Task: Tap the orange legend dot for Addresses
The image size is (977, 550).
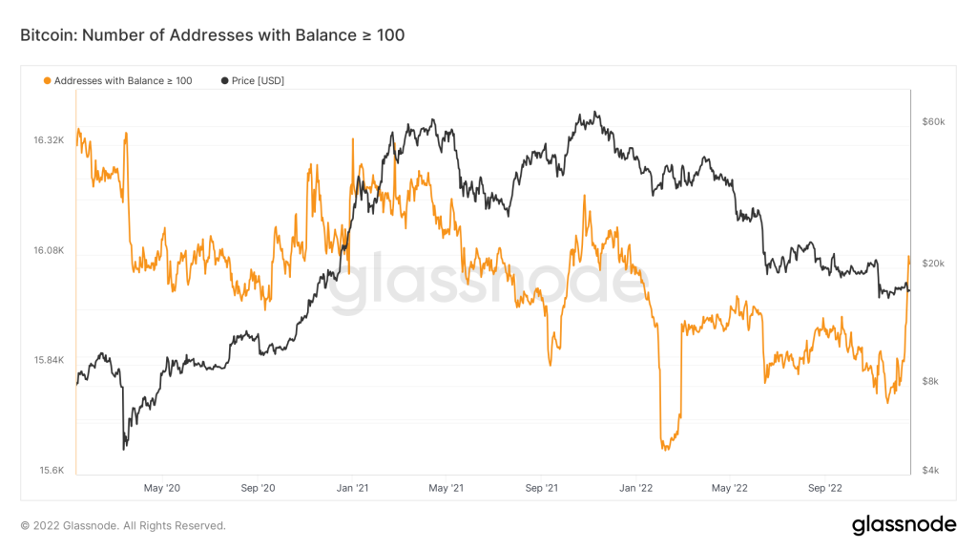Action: tap(48, 81)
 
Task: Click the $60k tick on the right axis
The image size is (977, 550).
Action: tap(932, 122)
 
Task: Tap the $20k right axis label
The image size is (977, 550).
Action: tap(932, 264)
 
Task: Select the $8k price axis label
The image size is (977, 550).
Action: tap(930, 381)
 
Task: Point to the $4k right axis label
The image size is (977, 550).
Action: tap(930, 470)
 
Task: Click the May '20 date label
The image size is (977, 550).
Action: tap(160, 488)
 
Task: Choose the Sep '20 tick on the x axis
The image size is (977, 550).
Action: tap(258, 488)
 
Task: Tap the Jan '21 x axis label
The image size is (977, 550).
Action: tap(352, 488)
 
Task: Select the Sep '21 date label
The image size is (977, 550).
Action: tap(542, 488)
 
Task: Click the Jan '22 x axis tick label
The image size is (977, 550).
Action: tap(636, 488)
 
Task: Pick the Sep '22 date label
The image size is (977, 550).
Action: tap(825, 488)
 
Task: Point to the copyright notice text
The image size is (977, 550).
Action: tap(123, 525)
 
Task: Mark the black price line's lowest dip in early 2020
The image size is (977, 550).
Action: tap(124, 448)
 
